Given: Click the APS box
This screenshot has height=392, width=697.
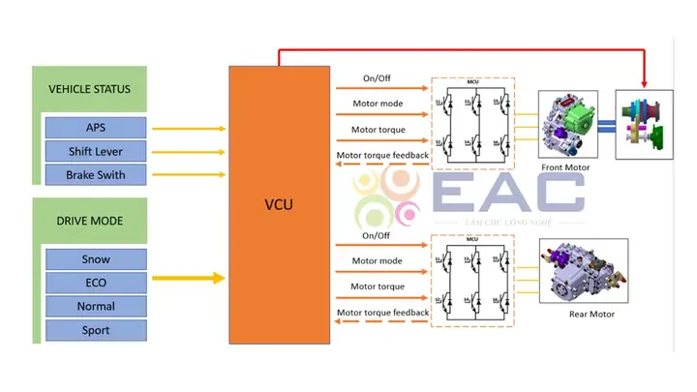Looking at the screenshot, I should coord(95,128).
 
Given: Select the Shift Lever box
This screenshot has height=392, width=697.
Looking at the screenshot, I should coord(95,151).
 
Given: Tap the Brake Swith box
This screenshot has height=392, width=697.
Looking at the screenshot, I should coord(95,175).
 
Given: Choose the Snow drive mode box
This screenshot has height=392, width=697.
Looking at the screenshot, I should coord(95,259).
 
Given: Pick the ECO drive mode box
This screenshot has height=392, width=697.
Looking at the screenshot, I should coord(95,283).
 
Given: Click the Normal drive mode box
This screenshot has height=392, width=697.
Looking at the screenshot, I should coord(95,306).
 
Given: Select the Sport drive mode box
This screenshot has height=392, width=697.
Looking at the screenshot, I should coord(95,330).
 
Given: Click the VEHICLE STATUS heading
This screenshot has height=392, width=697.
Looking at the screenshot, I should coord(89,89).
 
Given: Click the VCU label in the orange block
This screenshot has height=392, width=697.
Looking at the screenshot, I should coord(279,205).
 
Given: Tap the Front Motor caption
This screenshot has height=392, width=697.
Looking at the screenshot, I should coord(565,167).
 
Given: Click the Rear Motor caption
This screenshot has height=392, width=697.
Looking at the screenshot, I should coord(591,314).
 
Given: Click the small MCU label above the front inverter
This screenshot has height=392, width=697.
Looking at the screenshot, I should coord(472,82).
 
